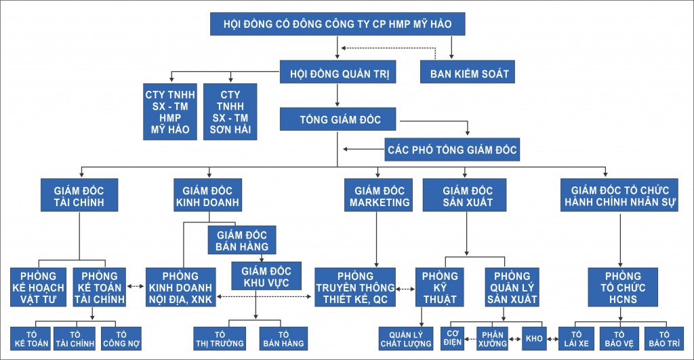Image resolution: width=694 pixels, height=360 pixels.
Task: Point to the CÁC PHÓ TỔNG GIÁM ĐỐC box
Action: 453,150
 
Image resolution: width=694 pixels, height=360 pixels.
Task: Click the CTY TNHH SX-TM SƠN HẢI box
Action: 230,112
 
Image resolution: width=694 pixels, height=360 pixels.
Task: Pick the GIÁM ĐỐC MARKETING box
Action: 379,195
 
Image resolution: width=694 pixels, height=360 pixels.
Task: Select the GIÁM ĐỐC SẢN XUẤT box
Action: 467,195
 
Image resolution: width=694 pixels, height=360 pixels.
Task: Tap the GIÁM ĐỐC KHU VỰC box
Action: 256,275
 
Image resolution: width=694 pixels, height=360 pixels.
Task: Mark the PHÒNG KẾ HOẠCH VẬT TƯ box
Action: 38,287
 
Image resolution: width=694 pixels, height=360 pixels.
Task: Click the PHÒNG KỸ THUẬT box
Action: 439,287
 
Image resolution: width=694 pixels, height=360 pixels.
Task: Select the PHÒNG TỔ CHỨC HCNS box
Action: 622,287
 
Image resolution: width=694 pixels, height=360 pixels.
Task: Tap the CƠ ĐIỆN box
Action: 453,338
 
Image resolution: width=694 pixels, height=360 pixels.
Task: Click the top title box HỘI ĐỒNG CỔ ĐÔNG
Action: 338,26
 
